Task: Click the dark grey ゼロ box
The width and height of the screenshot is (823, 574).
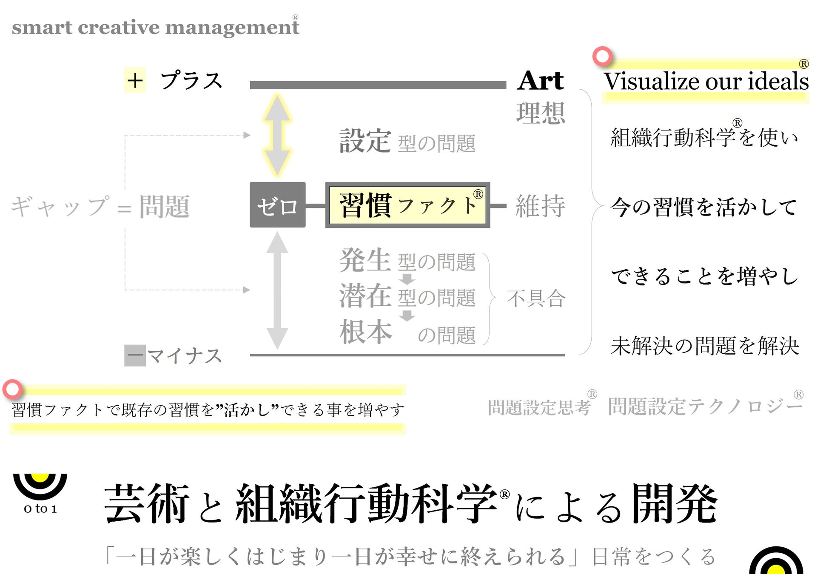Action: (x=277, y=205)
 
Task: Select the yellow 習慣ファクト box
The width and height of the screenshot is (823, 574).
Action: (x=407, y=205)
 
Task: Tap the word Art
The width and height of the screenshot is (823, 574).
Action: (x=541, y=80)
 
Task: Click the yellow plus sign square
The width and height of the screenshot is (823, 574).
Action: (x=135, y=80)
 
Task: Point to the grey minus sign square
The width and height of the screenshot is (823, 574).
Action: (x=135, y=355)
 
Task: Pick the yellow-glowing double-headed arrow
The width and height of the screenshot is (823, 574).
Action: (x=277, y=135)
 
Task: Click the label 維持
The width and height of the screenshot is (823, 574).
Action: (x=540, y=206)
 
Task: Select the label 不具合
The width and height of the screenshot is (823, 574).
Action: (x=536, y=298)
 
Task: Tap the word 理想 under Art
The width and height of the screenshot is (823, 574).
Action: (x=541, y=113)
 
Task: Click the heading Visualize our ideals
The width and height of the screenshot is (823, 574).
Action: (x=706, y=81)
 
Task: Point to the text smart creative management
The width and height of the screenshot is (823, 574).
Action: (x=156, y=28)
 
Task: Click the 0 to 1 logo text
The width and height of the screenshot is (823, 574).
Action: (x=40, y=509)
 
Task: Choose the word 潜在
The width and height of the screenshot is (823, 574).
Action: (x=365, y=296)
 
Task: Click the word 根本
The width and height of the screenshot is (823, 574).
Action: (x=365, y=332)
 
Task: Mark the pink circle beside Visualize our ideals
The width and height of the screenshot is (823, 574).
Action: (x=602, y=56)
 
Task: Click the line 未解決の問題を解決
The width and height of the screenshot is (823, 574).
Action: (x=705, y=346)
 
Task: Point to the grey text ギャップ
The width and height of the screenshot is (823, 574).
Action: (x=60, y=207)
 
